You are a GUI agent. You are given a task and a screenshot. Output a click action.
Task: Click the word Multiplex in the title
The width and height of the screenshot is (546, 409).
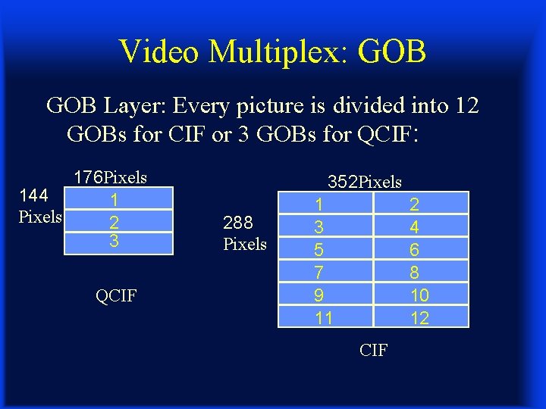(x=264, y=52)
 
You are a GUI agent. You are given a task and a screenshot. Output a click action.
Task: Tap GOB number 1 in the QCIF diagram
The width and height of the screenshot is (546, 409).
(x=114, y=200)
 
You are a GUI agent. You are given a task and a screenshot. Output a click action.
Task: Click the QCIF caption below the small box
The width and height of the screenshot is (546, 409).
(x=116, y=295)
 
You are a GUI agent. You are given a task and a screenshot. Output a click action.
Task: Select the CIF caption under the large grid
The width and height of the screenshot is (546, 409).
(x=373, y=350)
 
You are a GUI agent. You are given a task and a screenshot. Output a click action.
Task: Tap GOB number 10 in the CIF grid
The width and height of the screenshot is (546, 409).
(x=419, y=295)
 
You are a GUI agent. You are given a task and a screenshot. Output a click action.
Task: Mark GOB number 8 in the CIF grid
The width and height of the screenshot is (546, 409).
(x=415, y=273)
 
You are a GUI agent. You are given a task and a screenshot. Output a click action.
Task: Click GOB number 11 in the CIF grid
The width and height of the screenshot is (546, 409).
(x=324, y=318)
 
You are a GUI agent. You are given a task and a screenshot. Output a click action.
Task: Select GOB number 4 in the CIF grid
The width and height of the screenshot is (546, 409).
(x=415, y=226)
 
